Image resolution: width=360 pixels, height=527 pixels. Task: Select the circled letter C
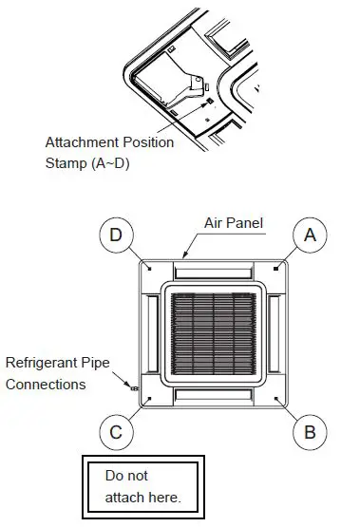(x=115, y=433)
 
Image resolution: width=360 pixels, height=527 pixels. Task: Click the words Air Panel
(x=233, y=223)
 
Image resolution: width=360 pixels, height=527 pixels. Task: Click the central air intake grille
(x=211, y=333)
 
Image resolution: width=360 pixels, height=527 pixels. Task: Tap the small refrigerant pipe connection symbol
(x=134, y=387)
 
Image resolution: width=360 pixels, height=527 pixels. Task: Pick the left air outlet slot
(x=150, y=333)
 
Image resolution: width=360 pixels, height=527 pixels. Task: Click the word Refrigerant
(x=44, y=364)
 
